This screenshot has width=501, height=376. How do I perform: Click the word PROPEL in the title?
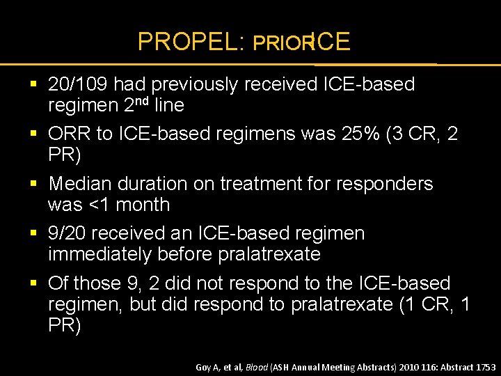[184, 42]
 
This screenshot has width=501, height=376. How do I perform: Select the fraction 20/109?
[77, 85]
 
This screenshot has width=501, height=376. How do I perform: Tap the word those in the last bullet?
[97, 283]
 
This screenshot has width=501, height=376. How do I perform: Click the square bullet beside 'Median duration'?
[35, 183]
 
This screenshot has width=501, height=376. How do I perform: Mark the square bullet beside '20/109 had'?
[35, 85]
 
